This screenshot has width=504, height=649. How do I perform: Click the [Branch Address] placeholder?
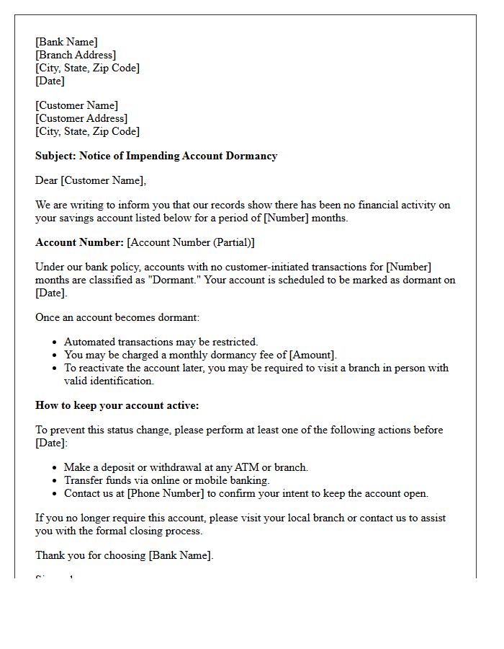point(76,55)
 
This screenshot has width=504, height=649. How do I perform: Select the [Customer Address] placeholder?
point(81,118)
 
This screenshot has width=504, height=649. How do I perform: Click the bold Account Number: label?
point(79,242)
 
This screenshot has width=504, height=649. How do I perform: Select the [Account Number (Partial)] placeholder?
point(191,242)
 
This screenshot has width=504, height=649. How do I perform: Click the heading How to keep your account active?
point(117,405)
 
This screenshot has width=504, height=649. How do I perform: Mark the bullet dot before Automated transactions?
point(55,343)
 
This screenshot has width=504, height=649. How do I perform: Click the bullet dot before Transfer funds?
point(55,481)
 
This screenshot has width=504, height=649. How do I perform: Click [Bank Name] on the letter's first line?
point(66,42)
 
